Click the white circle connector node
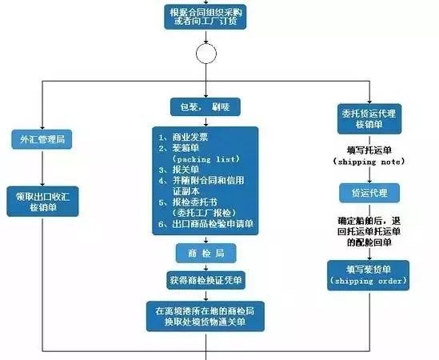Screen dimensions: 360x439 pos(206,54)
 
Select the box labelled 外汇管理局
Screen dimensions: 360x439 pos(42,140)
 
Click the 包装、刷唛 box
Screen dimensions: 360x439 pos(206,106)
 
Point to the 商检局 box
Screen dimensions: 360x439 pos(206,253)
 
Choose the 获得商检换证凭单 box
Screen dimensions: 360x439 pos(206,281)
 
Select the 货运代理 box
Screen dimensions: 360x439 pos(369,193)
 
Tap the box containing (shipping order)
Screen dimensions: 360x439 pos(369,282)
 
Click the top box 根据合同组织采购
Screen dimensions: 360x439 pos(206,15)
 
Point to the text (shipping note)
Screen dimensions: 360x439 pos(369,163)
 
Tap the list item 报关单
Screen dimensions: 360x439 pos(184,170)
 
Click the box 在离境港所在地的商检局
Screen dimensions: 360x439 pos(206,314)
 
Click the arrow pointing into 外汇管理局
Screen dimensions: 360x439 pos(42,124)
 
